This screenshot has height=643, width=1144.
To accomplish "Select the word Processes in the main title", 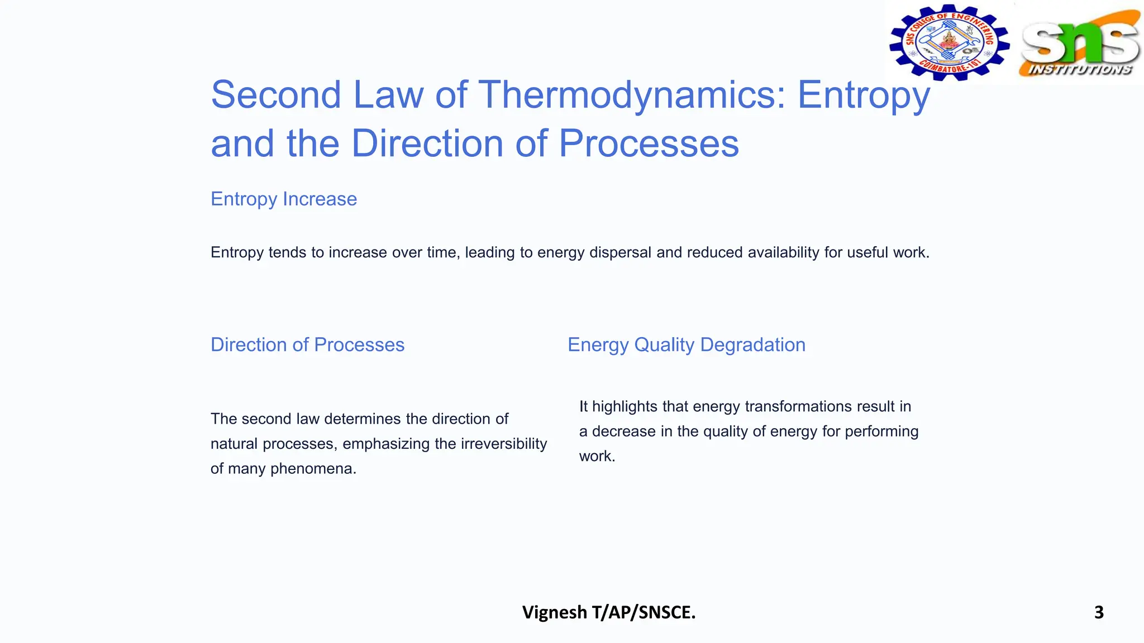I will tap(649, 144).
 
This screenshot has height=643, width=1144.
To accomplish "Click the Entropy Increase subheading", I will tap(284, 199).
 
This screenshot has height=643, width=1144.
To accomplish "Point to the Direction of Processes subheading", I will tap(307, 345).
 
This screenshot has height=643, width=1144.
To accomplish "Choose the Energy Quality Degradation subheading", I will tap(687, 345).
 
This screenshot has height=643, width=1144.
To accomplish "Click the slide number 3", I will tap(1099, 612).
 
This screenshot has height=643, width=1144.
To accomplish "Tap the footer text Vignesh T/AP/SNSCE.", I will tap(609, 612).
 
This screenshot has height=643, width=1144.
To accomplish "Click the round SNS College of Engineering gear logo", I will tap(949, 42).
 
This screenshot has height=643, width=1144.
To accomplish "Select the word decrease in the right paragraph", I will tap(623, 431).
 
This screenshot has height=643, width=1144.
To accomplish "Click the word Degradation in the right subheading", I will tap(752, 345).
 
